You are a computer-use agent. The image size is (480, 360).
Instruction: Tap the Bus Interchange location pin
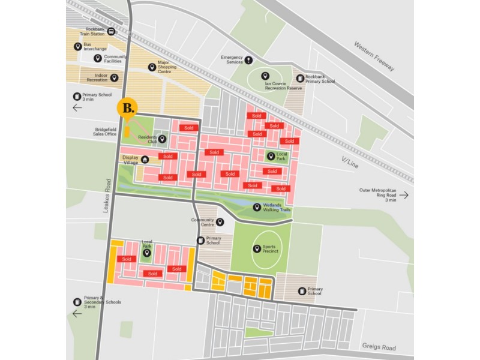point(78,46)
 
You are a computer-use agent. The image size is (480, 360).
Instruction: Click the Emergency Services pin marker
point(248,59)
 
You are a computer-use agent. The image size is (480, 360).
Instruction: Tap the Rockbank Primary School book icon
point(300,78)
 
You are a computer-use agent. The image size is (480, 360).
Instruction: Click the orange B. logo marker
point(128,108)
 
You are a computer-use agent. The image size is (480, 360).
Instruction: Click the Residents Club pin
point(162,139)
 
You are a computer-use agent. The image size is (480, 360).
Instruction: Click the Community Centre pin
point(220,222)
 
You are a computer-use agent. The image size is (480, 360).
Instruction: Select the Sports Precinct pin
point(257,248)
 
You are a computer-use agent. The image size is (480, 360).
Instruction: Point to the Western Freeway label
point(374,56)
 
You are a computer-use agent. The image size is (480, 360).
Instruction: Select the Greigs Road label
point(379,347)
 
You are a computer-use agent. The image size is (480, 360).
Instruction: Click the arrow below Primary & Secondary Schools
point(77,313)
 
